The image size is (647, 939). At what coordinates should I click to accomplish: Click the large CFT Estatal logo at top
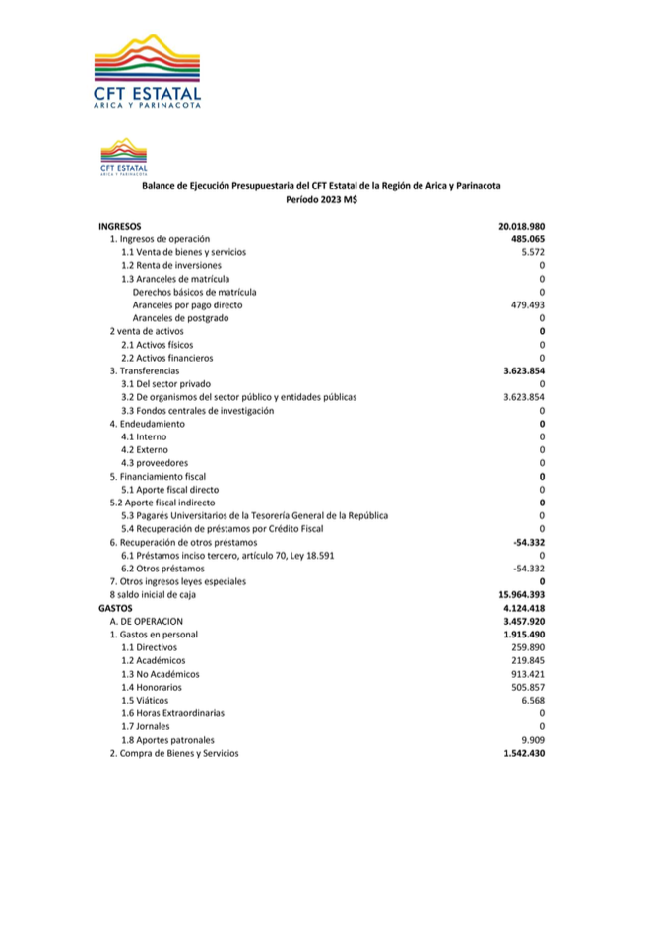[150, 71]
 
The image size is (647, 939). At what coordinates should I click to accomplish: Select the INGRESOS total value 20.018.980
[522, 227]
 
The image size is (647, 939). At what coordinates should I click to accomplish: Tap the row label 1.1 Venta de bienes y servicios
[183, 252]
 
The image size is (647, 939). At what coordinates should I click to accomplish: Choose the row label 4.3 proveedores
[155, 463]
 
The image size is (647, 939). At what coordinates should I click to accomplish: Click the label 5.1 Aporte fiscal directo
[169, 489]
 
